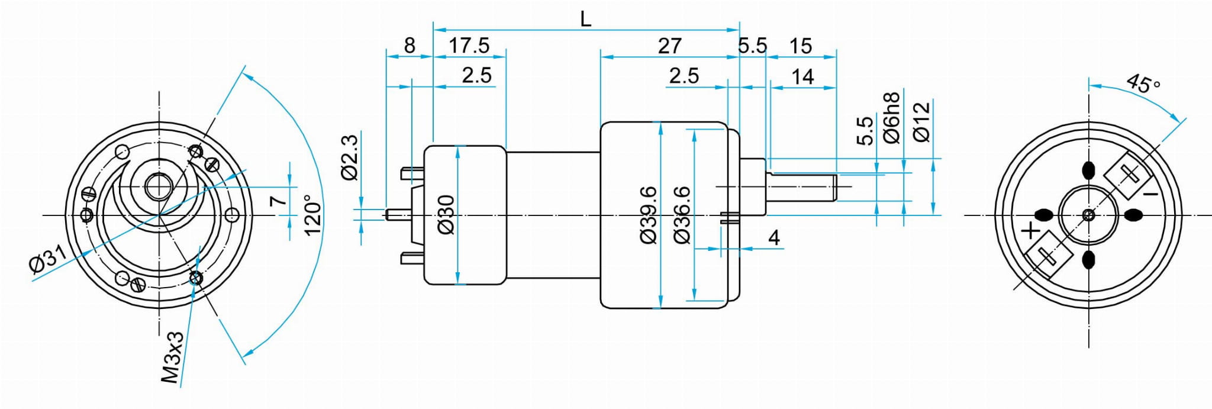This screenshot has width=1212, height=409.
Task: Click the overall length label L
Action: [x=585, y=20]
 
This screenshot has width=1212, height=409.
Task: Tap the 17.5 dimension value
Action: [x=469, y=46]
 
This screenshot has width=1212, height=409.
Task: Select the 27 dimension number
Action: [x=669, y=46]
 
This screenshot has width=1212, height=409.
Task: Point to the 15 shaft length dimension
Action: [x=801, y=46]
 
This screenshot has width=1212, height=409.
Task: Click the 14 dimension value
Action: [x=802, y=76]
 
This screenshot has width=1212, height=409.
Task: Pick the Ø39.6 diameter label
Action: [x=649, y=214]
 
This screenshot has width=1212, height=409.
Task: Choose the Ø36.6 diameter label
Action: [x=682, y=214]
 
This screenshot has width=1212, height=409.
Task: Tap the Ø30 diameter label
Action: [x=447, y=214]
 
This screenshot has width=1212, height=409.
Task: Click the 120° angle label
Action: [x=313, y=214]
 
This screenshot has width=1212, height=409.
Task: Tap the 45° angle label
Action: [x=1143, y=83]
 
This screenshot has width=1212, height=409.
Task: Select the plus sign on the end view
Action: [x=1031, y=230]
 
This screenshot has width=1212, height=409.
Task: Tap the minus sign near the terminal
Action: [x=1150, y=194]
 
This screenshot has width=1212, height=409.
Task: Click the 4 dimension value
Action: [x=773, y=238]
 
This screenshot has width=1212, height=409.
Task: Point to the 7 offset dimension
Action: [x=278, y=200]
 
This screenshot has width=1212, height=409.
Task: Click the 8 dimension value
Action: [x=410, y=46]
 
